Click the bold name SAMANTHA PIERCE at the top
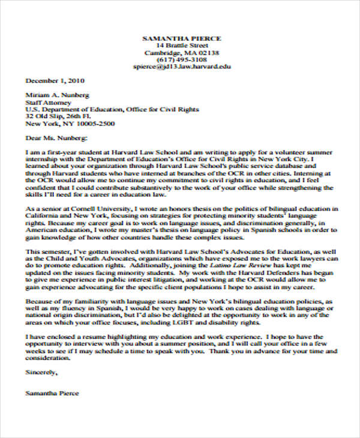[181, 38]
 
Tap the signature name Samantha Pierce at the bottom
[52, 394]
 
